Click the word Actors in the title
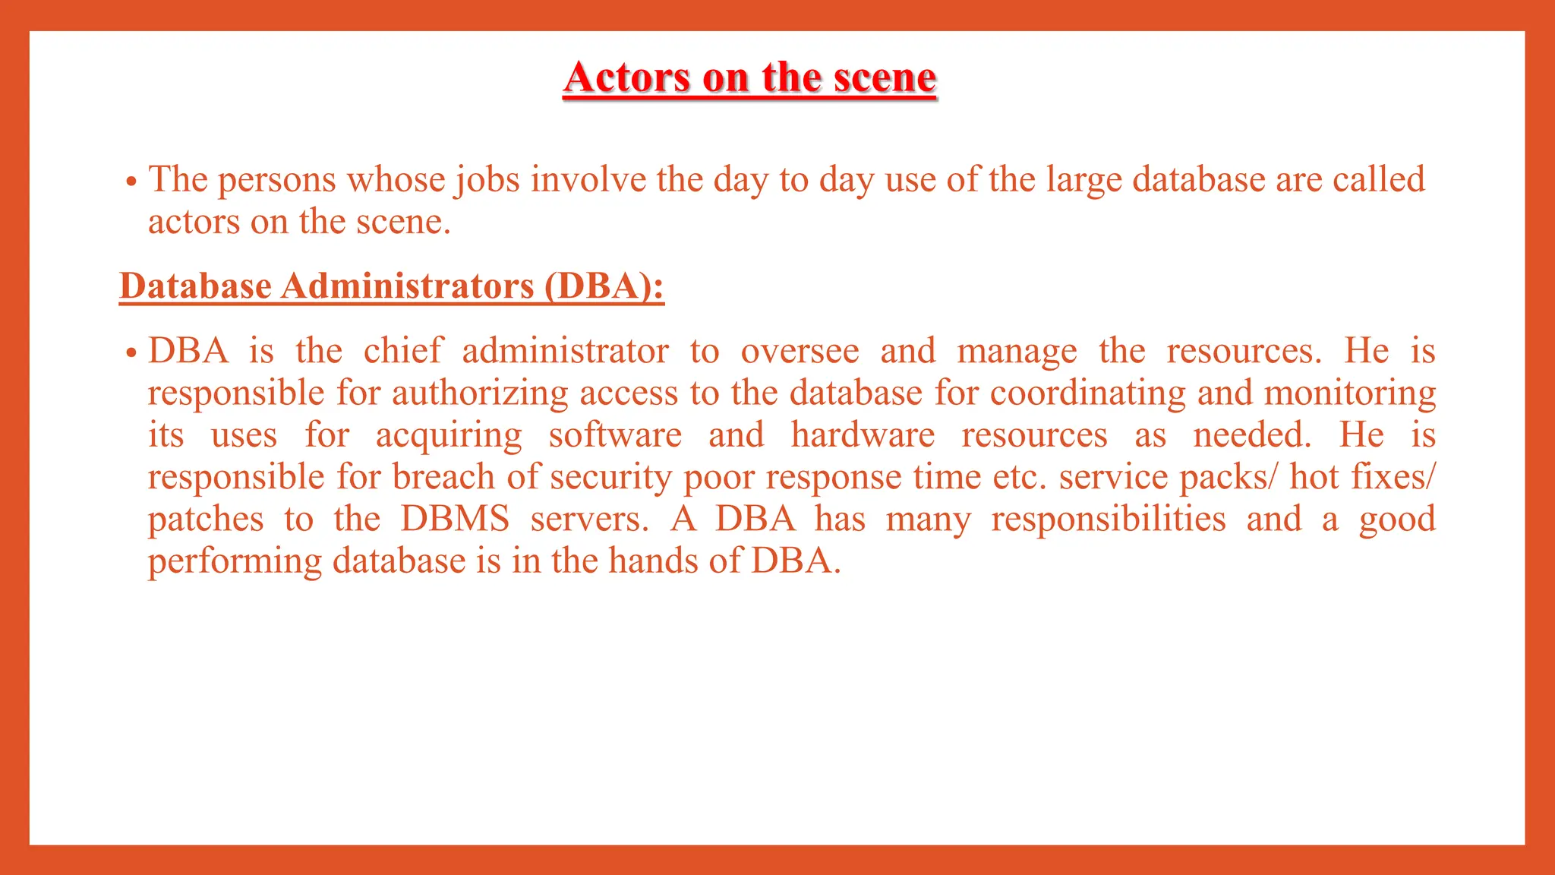point(628,77)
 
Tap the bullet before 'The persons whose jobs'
point(131,182)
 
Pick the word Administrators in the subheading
point(407,286)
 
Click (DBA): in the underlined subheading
point(604,286)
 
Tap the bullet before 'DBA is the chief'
point(131,353)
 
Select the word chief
point(402,351)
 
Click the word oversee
point(800,352)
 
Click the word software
point(615,435)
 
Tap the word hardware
point(863,435)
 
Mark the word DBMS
point(455,520)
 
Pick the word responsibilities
point(1108,520)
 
